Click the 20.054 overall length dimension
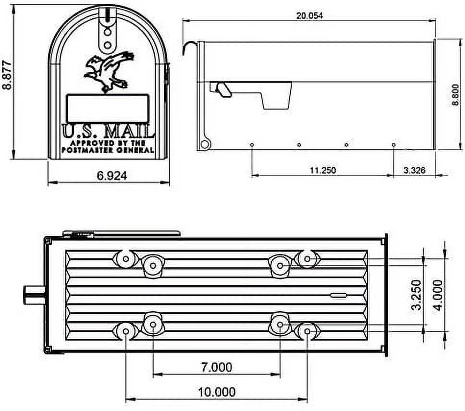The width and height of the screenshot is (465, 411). [x=309, y=15]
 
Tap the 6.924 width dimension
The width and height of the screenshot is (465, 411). [x=112, y=176]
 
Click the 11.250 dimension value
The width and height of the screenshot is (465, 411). [x=322, y=170]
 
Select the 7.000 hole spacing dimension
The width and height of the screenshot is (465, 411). [x=216, y=367]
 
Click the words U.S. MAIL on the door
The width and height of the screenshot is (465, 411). [x=108, y=132]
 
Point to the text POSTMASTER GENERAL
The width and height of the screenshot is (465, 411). [x=108, y=150]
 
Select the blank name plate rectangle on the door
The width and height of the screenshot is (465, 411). [x=108, y=108]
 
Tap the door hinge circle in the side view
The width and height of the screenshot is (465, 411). [x=205, y=144]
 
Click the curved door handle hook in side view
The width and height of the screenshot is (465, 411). [x=189, y=47]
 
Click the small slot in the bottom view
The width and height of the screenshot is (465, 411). [x=338, y=295]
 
